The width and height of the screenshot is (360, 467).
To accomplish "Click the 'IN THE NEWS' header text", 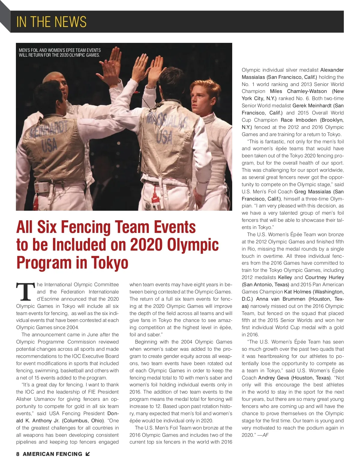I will click(51, 22).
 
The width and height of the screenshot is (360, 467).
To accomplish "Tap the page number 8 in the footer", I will click(18, 454).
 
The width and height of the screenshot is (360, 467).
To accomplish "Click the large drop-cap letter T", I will click(25, 292).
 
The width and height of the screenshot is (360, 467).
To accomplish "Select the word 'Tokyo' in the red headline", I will click(109, 263).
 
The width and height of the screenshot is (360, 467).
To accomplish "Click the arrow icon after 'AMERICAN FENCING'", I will click(88, 454).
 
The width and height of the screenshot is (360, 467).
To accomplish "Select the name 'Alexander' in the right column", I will click(332, 70).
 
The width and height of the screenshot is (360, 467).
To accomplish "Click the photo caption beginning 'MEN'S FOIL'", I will click(60, 52).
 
